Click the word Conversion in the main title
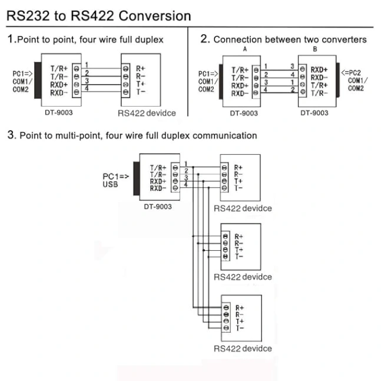coord(154,16)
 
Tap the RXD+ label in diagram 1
coord(59,85)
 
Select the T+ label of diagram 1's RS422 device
coord(140,84)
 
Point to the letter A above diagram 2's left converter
coord(245,49)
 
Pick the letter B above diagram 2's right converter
coord(315,49)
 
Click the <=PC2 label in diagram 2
coord(351,72)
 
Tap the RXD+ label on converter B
coord(319,69)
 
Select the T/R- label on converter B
coord(319,93)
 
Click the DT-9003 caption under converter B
coord(314,113)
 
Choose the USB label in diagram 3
coord(110,184)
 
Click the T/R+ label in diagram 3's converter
coord(158,168)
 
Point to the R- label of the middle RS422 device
coord(239,243)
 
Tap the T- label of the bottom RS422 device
coord(240,328)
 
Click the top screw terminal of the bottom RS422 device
coord(226,307)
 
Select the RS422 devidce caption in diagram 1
coord(147,113)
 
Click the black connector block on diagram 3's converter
coord(137,178)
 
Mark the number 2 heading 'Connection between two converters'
coord(205,39)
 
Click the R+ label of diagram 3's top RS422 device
coord(238,168)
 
